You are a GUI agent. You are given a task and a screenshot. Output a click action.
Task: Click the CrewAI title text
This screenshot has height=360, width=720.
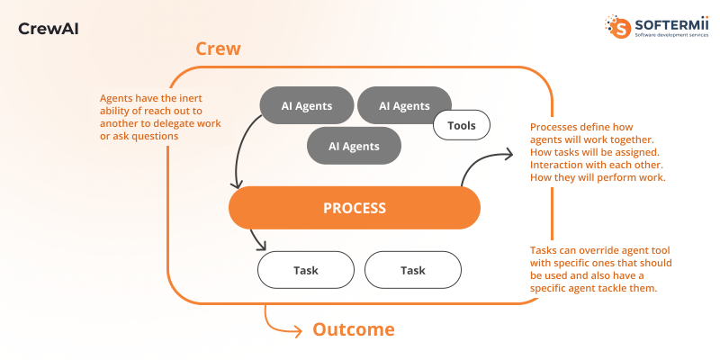pos(49,29)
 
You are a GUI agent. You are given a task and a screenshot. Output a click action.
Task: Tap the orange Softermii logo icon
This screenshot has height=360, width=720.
pos(621,26)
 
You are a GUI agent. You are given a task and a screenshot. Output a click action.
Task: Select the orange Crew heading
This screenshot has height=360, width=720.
pos(218,49)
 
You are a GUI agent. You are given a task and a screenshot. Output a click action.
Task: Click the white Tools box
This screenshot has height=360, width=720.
pos(461,125)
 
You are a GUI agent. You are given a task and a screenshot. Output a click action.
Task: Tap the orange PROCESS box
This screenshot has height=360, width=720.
pos(355,208)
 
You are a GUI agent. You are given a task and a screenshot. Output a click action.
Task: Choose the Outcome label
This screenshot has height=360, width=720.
pos(353,329)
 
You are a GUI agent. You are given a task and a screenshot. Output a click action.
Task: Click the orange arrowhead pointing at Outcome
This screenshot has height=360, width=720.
pos(298,330)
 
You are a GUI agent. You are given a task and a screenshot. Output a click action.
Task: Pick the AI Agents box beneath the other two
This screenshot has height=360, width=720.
pos(354,146)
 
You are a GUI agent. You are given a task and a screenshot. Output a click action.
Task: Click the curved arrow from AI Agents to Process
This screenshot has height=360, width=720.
pos(239,153)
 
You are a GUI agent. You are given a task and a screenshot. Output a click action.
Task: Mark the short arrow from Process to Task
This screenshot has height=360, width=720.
pos(257,239)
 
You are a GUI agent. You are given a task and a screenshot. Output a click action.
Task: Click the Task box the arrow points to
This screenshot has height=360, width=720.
pos(305,270)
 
